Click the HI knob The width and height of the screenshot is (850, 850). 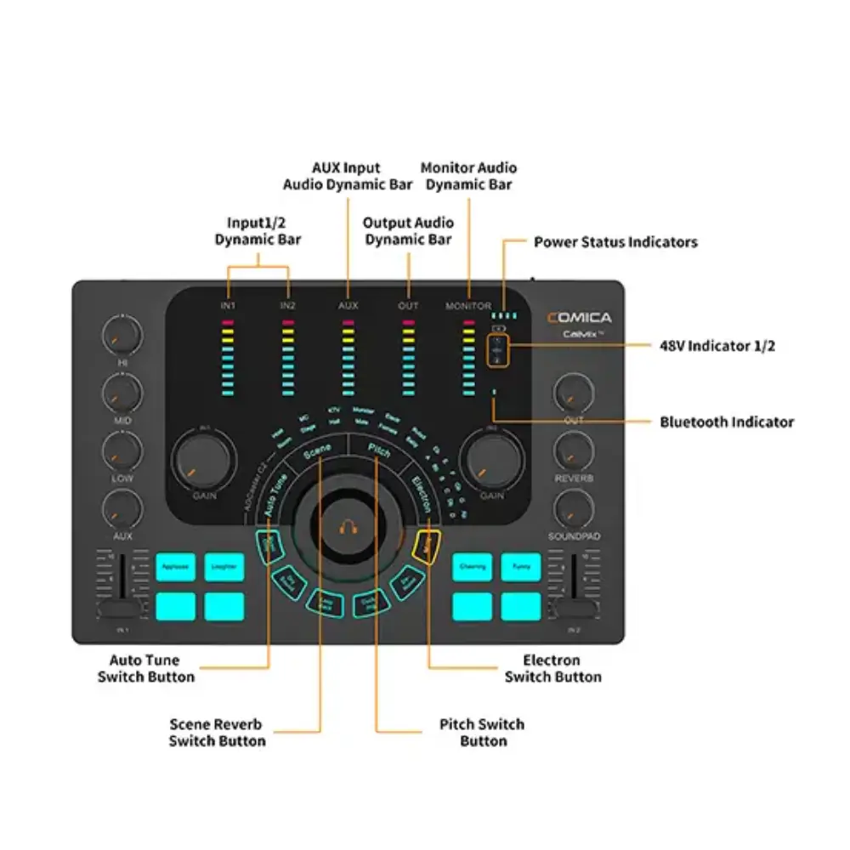pyautogui.click(x=122, y=335)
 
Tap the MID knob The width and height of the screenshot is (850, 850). pyautogui.click(x=122, y=392)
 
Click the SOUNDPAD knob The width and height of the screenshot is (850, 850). pyautogui.click(x=574, y=507)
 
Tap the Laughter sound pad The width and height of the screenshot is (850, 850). pyautogui.click(x=224, y=566)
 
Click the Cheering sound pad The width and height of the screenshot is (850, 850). pyautogui.click(x=472, y=566)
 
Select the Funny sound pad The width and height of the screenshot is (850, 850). pyautogui.click(x=521, y=566)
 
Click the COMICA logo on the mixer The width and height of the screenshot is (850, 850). pyautogui.click(x=579, y=318)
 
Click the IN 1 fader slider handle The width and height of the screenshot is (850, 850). pyautogui.click(x=120, y=609)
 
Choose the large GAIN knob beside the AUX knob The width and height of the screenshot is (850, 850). pyautogui.click(x=204, y=462)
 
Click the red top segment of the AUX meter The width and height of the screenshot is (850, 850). pyautogui.click(x=347, y=324)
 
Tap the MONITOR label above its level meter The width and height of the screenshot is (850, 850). pyautogui.click(x=468, y=306)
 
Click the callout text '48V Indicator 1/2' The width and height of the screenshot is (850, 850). pyautogui.click(x=717, y=345)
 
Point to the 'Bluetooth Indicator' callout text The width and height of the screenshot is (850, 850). pyautogui.click(x=727, y=422)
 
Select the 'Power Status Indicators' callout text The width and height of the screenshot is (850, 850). pyautogui.click(x=615, y=242)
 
